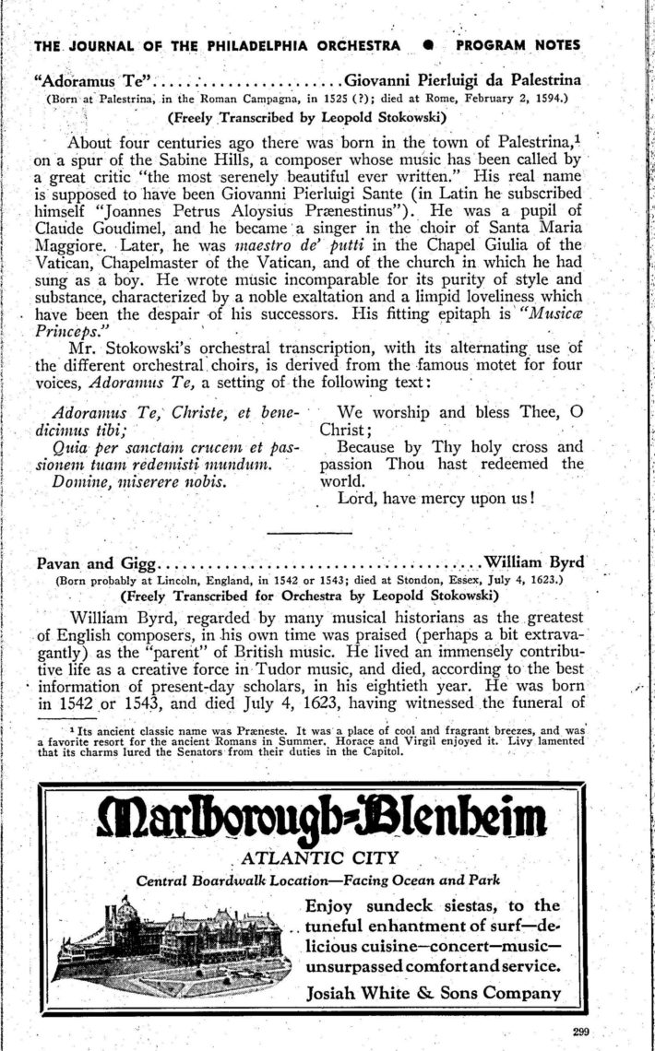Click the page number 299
tap(578, 1032)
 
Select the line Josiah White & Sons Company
tap(434, 993)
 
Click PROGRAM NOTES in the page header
tap(518, 45)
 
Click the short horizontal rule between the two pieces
tap(309, 532)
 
